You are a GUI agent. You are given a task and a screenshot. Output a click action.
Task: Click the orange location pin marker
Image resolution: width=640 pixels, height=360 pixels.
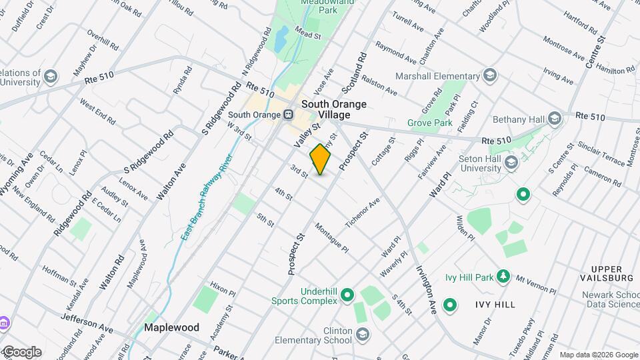pos(321,159)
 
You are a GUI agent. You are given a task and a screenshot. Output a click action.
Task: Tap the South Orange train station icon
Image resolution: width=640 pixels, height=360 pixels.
pos(289,114)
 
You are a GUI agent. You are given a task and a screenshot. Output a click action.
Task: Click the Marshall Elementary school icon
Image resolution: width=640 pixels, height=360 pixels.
pos(491,75)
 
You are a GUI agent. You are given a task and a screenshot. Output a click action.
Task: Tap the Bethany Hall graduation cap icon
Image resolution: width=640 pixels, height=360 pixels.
pos(554,119)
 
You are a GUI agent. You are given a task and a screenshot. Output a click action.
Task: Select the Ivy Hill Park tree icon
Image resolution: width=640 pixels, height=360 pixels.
pos(505,276)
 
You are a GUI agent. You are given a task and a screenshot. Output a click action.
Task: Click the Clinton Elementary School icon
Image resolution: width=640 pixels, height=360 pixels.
pos(362,333)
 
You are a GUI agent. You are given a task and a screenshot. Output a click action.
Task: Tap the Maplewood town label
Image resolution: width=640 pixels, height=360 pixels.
pos(172,328)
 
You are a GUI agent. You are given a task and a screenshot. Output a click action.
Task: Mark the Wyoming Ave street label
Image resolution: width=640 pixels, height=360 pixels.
pos(17,174)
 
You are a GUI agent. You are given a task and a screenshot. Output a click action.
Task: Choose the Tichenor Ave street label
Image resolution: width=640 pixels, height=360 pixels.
pos(362,211)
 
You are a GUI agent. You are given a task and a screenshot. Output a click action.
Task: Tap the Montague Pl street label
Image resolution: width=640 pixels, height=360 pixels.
pos(332,238)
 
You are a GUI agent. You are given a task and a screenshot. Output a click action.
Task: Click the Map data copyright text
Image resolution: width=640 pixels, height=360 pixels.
pos(598,355)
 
